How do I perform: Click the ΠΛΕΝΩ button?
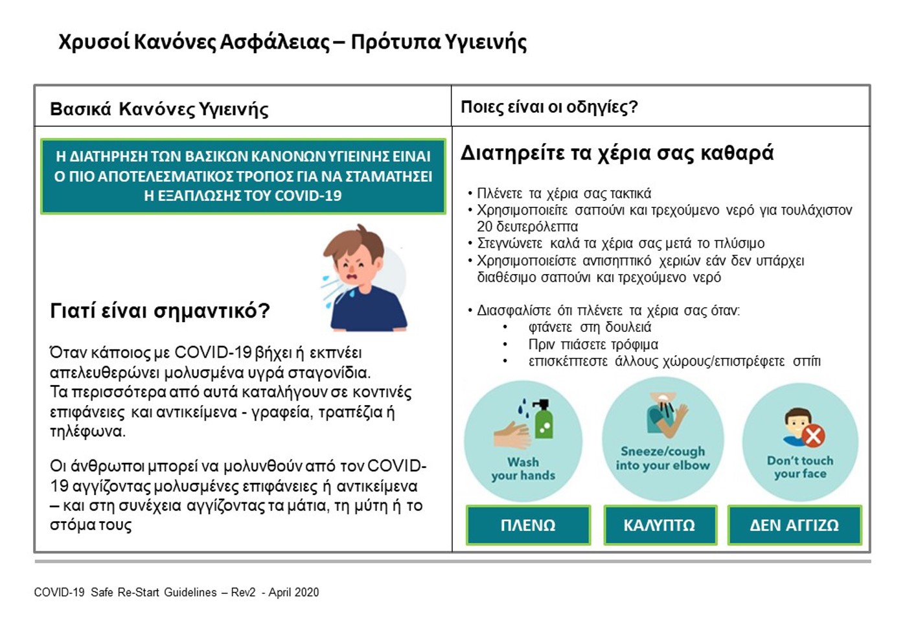point(528,525)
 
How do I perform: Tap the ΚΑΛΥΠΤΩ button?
point(660,525)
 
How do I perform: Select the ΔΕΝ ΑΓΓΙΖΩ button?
point(794,525)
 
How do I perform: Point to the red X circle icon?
point(814,437)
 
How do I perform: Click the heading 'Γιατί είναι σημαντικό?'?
point(160,311)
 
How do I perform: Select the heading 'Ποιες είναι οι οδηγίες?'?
point(549,107)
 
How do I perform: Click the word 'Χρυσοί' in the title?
point(94,42)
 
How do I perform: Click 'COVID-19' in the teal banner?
point(308,196)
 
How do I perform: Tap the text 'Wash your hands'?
point(523,469)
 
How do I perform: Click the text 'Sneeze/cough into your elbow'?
point(663,458)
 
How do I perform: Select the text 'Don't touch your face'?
point(800,467)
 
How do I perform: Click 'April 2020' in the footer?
point(293,592)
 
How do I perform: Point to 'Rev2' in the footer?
point(243,592)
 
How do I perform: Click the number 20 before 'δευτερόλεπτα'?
point(485,226)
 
